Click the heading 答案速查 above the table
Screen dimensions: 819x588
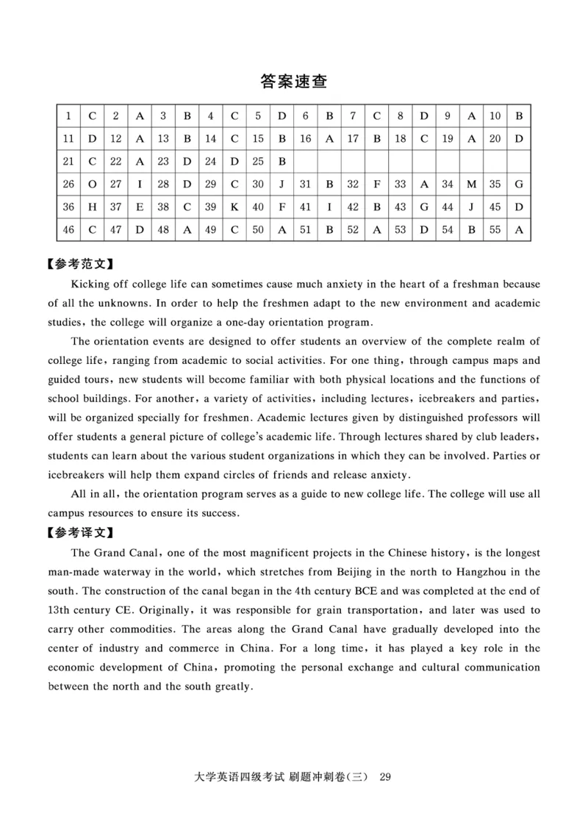(x=294, y=82)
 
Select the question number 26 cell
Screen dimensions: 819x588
(x=68, y=184)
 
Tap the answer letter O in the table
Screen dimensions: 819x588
(x=92, y=184)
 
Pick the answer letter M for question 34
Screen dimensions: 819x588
(x=471, y=184)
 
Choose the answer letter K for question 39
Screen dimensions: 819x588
(x=234, y=207)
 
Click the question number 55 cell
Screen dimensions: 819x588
(x=495, y=229)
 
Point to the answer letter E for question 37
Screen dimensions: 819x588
(x=140, y=207)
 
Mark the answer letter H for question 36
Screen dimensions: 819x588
(x=92, y=207)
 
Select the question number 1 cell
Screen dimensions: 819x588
(x=68, y=115)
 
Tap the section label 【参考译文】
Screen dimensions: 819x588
(x=82, y=532)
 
